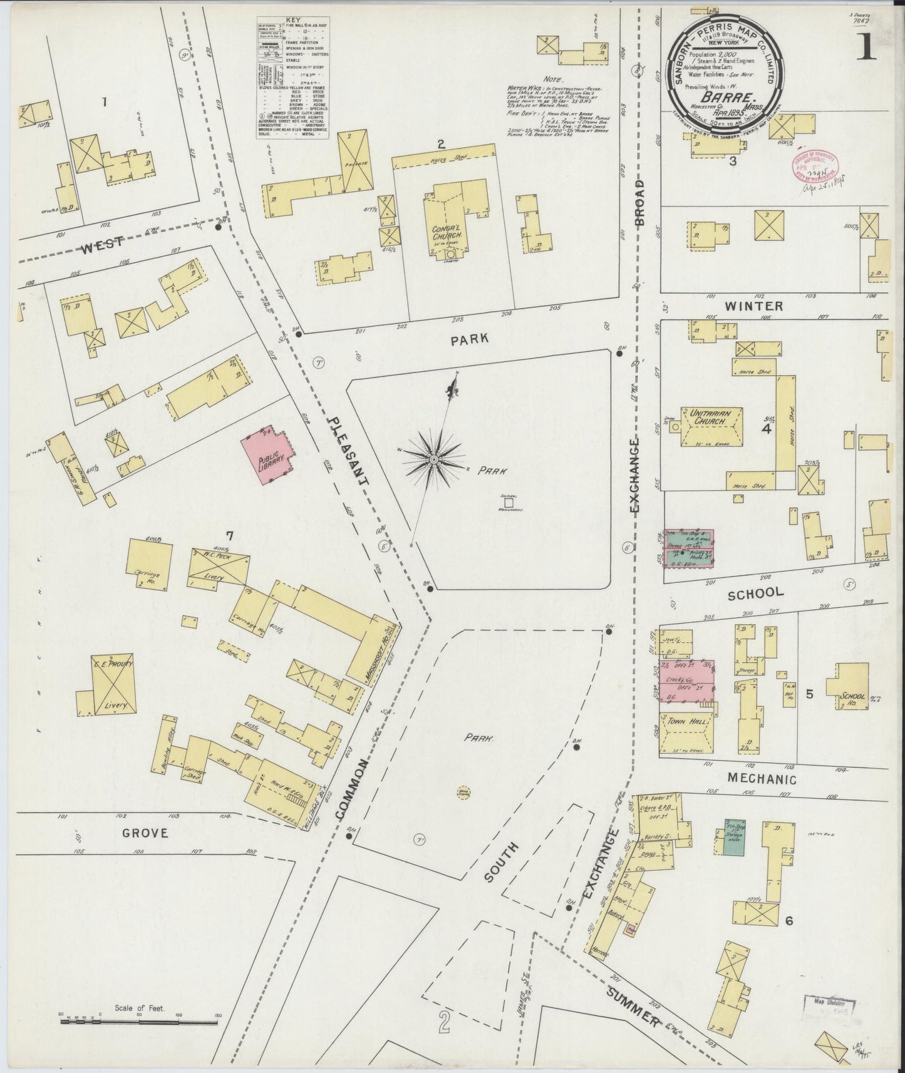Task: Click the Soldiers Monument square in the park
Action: coord(509,502)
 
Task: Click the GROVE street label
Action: coord(145,833)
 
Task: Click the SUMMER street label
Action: coord(634,1009)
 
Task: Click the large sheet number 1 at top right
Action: coord(867,47)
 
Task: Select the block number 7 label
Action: coord(230,536)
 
